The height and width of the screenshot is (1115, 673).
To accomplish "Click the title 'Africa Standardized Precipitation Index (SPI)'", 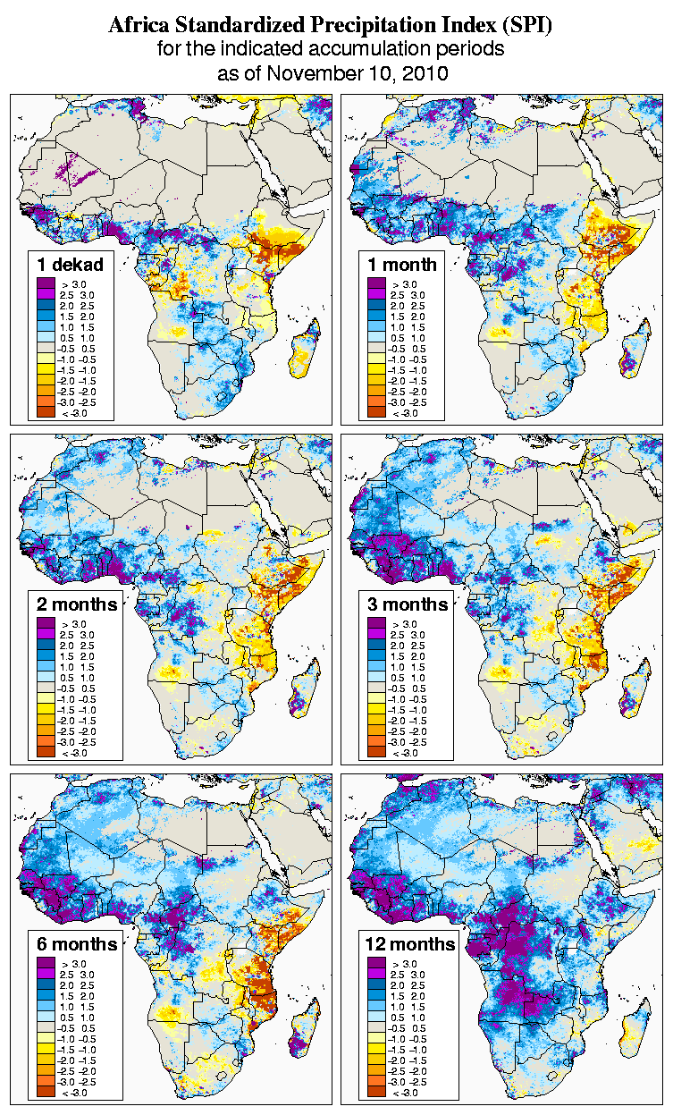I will [x=330, y=26].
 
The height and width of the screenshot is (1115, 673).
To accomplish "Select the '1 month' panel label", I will [x=402, y=264].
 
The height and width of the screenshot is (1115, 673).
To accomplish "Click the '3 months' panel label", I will [x=408, y=604].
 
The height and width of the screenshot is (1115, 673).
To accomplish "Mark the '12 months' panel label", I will [x=410, y=944].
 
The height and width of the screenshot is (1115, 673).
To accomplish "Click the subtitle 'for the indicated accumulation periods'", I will [x=330, y=49].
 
